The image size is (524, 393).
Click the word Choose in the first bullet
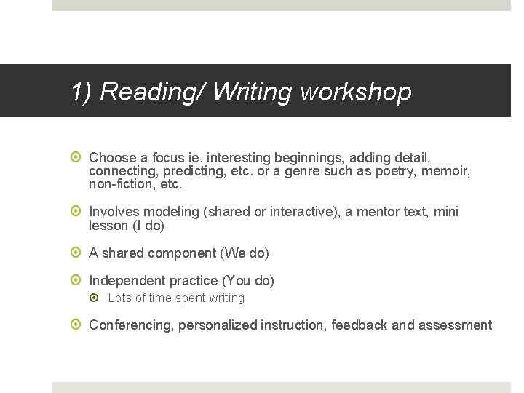(112, 157)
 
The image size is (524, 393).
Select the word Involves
(114, 212)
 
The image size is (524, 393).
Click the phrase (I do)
(148, 226)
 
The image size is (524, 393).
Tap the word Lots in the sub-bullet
(119, 298)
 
